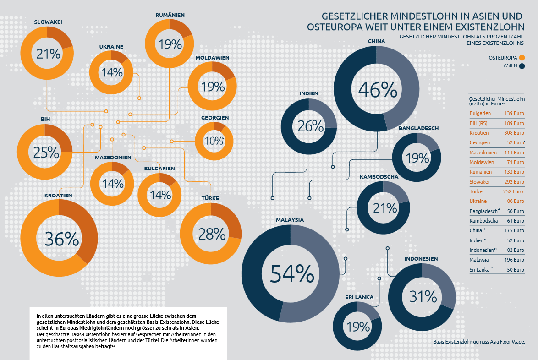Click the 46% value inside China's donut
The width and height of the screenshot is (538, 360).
377,89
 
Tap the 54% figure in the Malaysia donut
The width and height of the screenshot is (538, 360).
291,273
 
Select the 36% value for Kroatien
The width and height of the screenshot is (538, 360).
61,238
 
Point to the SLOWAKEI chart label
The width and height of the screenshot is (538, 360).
48,22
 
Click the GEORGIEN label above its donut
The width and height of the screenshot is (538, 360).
215,118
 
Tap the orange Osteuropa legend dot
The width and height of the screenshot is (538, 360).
522,58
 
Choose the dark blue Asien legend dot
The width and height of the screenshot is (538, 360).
522,66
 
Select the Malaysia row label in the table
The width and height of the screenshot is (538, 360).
479,260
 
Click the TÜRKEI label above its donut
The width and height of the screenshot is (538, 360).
211,198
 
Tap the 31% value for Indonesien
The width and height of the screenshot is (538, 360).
423,297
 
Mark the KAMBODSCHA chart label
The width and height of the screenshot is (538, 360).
379,177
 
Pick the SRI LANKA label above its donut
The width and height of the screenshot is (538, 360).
359,297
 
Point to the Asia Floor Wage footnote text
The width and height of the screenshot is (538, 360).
478,342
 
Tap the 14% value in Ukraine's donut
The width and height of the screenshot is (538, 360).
112,72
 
